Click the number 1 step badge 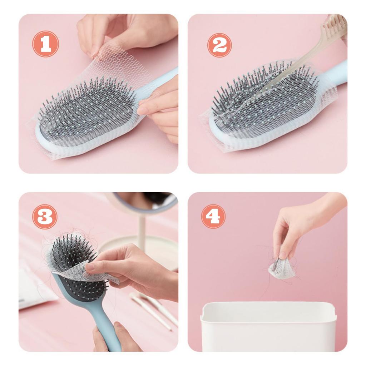45,44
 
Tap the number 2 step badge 219,45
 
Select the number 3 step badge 45,217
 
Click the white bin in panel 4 268,327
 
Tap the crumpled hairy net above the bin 282,269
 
